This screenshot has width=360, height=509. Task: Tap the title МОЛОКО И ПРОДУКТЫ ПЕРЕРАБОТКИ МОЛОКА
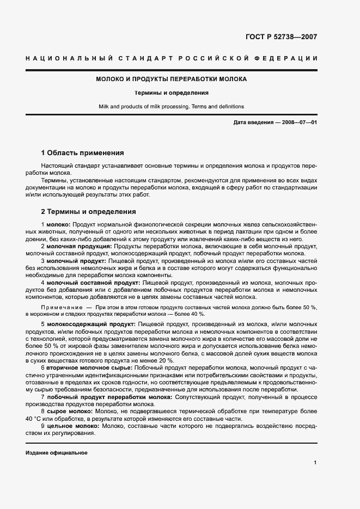click(171, 79)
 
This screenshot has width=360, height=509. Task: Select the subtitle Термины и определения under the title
click(171, 93)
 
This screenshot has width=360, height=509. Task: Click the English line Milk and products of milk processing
click(171, 107)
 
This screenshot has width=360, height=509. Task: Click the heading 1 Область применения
click(82, 153)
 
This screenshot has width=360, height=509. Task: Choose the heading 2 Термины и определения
click(88, 212)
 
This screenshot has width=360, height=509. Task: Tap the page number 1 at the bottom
click(315, 462)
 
